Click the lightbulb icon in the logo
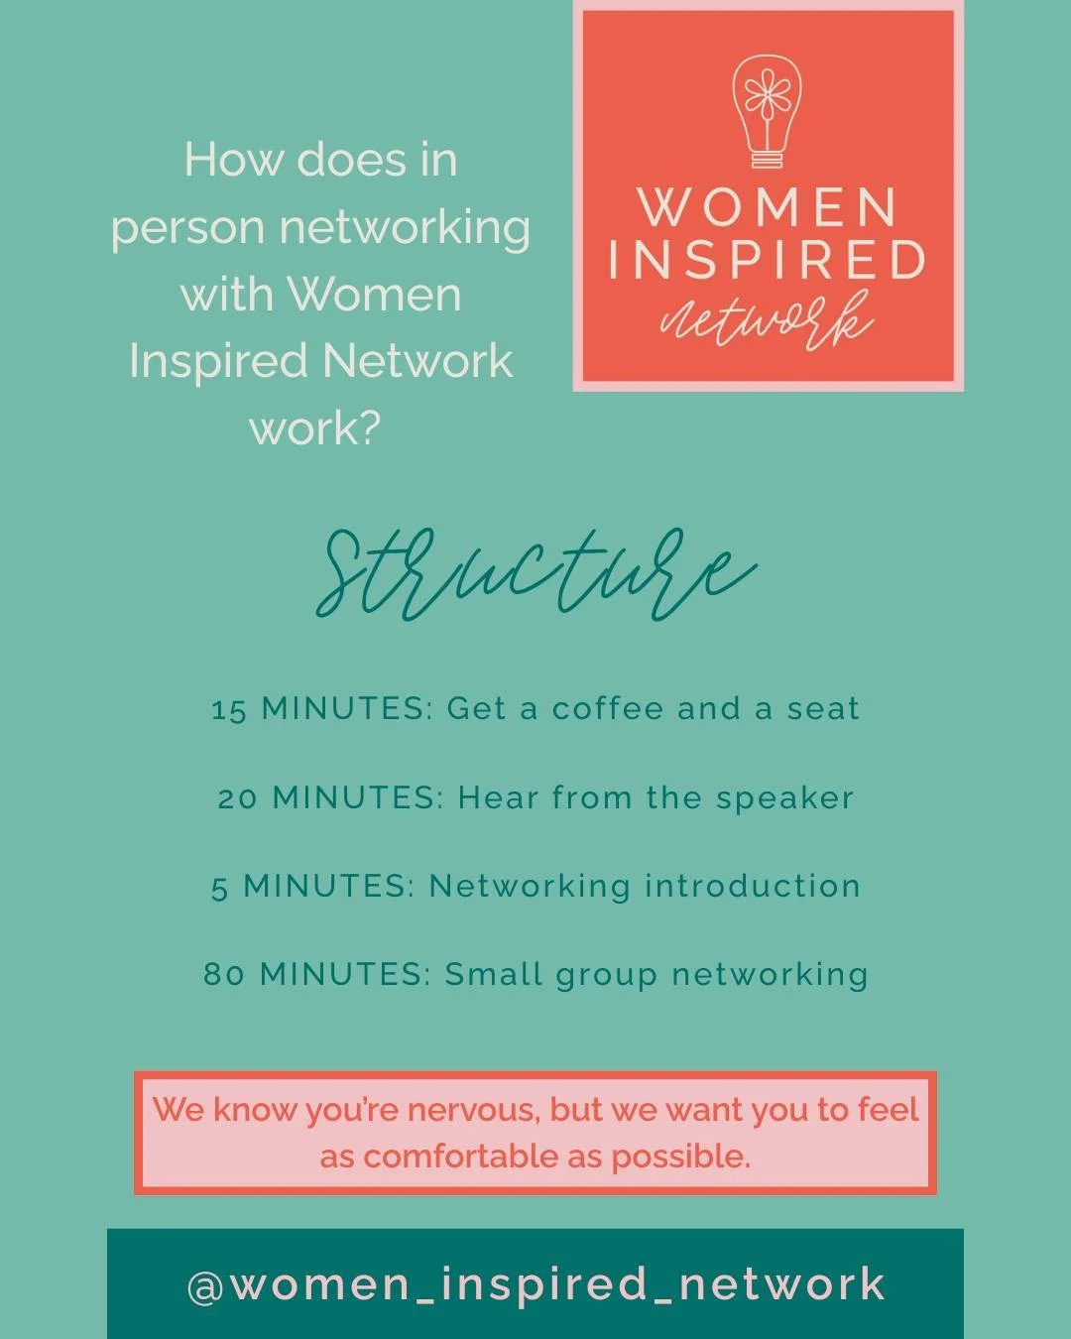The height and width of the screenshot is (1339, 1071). click(x=767, y=109)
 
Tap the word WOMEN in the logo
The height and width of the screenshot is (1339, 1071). click(x=768, y=207)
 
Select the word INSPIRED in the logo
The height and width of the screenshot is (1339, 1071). click(x=767, y=260)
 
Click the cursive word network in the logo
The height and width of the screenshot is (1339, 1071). click(x=767, y=319)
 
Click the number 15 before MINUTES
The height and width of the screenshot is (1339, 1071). click(x=229, y=710)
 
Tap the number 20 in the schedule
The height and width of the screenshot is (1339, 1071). click(x=238, y=798)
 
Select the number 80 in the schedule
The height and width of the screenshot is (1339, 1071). click(x=224, y=975)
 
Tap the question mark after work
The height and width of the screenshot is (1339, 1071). click(x=369, y=428)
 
